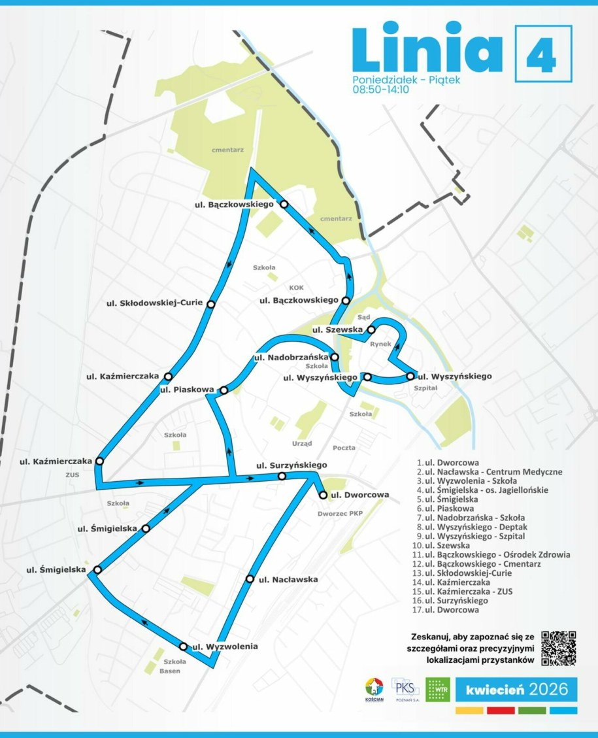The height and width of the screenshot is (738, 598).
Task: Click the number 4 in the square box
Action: pyautogui.click(x=543, y=54)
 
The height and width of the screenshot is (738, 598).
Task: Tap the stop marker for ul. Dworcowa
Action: pyautogui.click(x=323, y=495)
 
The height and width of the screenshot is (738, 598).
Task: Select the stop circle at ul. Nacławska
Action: pyautogui.click(x=249, y=579)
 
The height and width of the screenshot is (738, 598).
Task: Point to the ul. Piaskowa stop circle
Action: pyautogui.click(x=224, y=390)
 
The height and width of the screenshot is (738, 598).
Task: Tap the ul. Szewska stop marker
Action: pyautogui.click(x=371, y=329)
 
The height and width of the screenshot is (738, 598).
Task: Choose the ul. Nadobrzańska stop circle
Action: pyautogui.click(x=335, y=358)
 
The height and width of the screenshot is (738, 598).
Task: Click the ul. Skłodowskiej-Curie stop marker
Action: pyautogui.click(x=210, y=303)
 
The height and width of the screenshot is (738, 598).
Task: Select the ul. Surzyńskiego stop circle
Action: pyautogui.click(x=282, y=477)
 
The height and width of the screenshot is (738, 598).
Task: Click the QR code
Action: pyautogui.click(x=559, y=648)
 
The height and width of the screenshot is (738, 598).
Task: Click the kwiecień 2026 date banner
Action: pyautogui.click(x=512, y=688)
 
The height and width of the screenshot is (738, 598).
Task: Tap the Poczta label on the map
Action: pyautogui.click(x=344, y=448)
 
